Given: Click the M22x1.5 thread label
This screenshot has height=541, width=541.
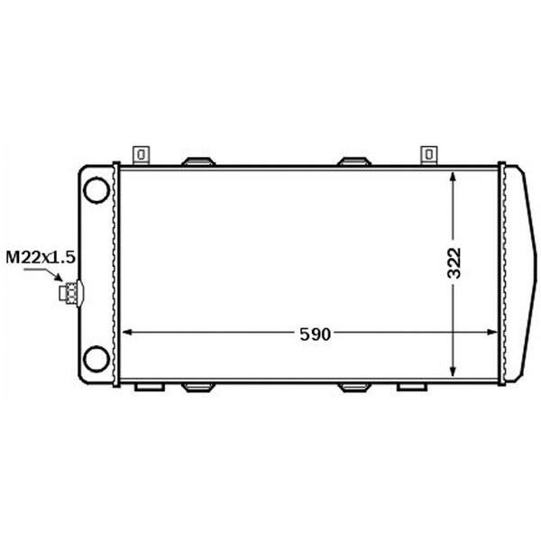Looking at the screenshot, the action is point(41,257).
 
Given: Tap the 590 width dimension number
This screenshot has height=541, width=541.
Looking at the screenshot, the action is point(315,334).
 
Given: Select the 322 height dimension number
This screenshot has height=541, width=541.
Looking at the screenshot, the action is point(454,263).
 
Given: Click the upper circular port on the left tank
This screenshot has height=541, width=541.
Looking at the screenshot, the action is point(97,189).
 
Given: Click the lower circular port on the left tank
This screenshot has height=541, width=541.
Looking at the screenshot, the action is point(97,359).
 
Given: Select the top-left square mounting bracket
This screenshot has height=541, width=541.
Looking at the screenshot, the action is point(142,155).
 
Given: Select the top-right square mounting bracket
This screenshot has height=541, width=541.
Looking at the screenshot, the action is point(429,155).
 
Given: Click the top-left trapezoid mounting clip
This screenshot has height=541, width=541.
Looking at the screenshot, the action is point(198,161).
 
